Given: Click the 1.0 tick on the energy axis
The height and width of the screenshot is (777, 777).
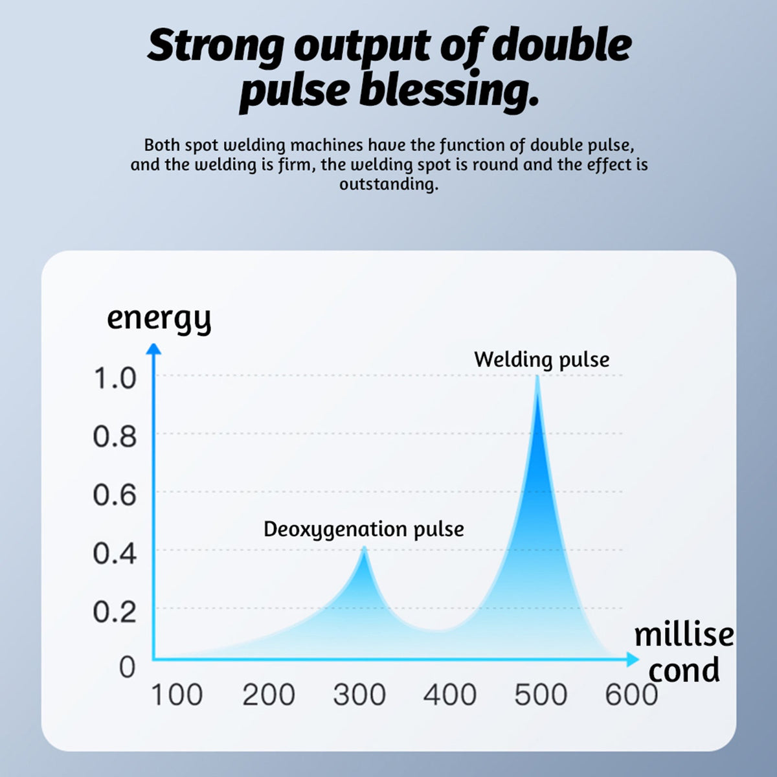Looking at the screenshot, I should tap(115, 378).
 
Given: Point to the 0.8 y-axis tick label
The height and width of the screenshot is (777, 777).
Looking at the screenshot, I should tap(115, 437).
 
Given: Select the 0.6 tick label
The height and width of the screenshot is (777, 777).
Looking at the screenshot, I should tap(115, 495).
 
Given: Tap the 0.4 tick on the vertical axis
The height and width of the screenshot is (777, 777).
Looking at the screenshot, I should tap(115, 554).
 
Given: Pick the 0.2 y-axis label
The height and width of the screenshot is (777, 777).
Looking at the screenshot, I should tap(115, 612).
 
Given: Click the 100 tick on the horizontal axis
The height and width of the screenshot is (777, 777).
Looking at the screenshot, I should tap(177, 695).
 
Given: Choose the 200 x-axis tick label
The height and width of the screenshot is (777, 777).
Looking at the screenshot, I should tap(268, 695).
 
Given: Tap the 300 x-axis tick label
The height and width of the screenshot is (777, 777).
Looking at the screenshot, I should tap(359, 695).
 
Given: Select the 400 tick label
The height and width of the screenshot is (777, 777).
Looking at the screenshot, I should tap(450, 695).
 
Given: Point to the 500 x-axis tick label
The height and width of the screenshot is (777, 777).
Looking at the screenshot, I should tap(541, 695).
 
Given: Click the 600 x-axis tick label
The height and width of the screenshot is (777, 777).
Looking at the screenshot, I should tap(631, 695).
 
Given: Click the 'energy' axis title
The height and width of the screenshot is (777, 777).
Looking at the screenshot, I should tap(159, 319).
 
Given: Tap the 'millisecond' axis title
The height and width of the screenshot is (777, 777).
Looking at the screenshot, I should tap(684, 652).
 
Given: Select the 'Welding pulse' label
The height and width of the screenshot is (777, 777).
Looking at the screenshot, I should tap(541, 359).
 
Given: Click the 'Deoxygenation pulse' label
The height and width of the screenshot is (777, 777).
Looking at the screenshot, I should tap(363, 529).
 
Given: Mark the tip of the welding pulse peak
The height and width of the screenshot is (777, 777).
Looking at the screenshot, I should tap(537, 377).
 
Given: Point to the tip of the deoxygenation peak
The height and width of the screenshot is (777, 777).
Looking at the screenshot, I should tap(365, 548).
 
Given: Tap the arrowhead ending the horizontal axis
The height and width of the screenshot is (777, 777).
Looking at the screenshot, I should tap(633, 660).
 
